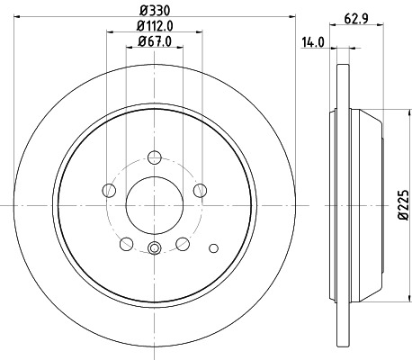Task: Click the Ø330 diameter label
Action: click(x=153, y=10)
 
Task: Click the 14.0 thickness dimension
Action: click(x=314, y=41)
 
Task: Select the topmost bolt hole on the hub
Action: click(x=154, y=157)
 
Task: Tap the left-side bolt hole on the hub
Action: click(x=110, y=190)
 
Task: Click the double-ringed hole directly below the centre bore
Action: click(x=154, y=248)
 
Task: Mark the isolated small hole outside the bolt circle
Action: click(x=213, y=247)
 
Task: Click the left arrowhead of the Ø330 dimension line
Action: click(x=14, y=18)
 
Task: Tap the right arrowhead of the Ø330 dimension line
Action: click(x=293, y=18)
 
